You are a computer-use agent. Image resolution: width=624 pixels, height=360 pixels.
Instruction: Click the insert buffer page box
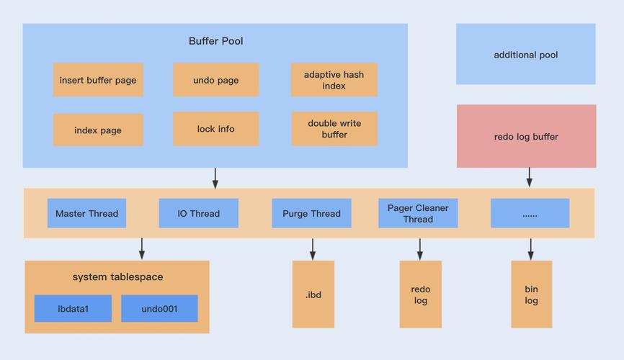[x=98, y=79]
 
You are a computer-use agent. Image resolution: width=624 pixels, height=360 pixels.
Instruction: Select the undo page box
[x=215, y=79]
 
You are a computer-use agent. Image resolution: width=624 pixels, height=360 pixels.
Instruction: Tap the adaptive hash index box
[x=334, y=79]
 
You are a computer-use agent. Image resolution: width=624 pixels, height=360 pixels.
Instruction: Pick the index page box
[x=98, y=130]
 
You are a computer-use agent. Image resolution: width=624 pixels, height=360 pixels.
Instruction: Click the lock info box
[x=215, y=128]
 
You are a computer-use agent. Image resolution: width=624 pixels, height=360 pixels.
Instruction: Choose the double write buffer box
[x=334, y=128]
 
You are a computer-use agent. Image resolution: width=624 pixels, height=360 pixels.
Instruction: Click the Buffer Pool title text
[x=215, y=41]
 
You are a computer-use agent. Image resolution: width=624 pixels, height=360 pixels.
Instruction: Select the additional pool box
[x=526, y=54]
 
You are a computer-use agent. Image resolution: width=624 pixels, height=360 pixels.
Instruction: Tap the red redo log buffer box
[x=526, y=136]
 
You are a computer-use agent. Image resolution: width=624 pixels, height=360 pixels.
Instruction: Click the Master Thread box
[x=86, y=213]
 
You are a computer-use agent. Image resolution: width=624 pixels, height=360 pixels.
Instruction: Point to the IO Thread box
[x=199, y=213]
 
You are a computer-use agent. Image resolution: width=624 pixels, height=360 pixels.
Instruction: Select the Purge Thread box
[x=311, y=213]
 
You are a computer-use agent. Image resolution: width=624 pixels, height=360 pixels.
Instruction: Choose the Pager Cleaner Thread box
[x=418, y=213]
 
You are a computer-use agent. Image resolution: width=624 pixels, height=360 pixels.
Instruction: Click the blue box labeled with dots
[x=530, y=213]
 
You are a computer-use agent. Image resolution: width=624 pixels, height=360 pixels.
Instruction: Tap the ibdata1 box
[x=73, y=308]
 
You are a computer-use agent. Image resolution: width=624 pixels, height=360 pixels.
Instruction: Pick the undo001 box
[x=159, y=308]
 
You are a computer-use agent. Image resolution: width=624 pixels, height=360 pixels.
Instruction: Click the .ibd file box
[x=313, y=294]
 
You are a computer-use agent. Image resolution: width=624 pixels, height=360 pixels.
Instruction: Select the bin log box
[x=531, y=294]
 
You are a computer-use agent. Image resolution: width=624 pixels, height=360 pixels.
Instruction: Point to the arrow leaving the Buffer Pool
[x=215, y=179]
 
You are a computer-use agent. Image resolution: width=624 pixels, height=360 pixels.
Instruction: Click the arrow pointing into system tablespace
[x=142, y=248]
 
